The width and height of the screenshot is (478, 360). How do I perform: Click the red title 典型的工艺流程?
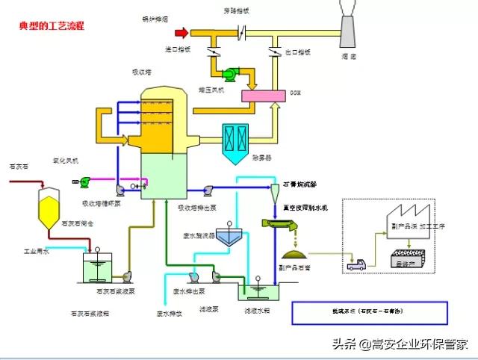[52, 25]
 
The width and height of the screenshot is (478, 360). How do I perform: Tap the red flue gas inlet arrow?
[180, 32]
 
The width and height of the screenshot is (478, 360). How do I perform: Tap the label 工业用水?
[35, 252]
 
